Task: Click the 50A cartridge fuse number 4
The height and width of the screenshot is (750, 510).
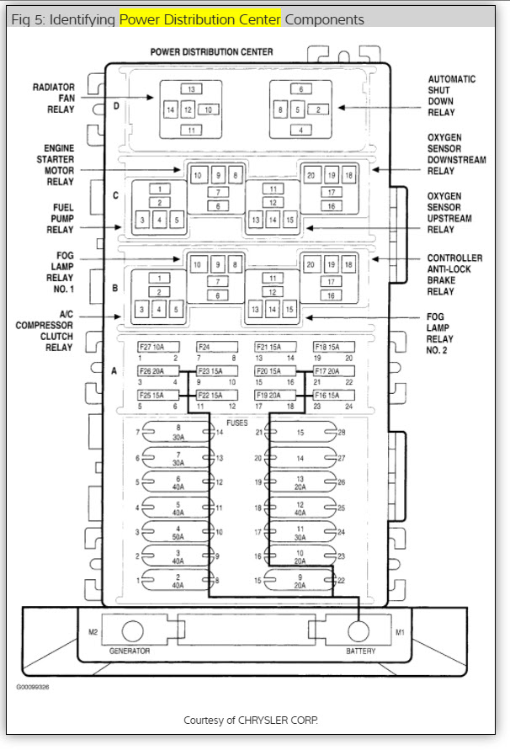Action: coord(178,532)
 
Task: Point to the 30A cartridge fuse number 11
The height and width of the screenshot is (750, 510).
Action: coord(300,532)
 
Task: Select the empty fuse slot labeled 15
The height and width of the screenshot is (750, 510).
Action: coord(300,433)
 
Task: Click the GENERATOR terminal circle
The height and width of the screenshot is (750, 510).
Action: coord(132,631)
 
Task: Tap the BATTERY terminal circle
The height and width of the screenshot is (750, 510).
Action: coord(359,631)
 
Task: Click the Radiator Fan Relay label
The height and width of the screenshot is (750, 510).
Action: coord(54,98)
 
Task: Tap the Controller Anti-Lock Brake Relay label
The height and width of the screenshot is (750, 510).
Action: coord(454,275)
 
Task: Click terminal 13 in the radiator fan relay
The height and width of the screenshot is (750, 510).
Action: coord(191,89)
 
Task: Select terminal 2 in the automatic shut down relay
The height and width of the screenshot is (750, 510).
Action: coord(317,109)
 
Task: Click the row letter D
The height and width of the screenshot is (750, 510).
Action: coord(116,106)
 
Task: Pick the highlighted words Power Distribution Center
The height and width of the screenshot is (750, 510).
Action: coord(199,19)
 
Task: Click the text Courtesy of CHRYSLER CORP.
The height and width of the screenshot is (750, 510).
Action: coord(251,721)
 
